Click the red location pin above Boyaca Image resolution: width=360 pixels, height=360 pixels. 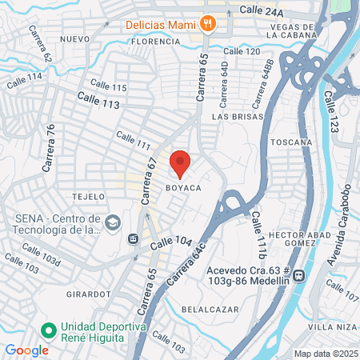click(180, 163)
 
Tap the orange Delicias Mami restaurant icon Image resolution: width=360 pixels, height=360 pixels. click(208, 23)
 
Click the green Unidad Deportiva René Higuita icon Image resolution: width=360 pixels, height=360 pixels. click(48, 329)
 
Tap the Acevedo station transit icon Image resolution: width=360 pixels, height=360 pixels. click(299, 276)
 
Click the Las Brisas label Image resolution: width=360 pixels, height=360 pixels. click(233, 116)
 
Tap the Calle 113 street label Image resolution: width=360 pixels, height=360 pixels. click(98, 99)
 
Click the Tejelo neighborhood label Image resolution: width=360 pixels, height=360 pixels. click(88, 196)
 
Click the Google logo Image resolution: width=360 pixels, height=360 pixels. click(26, 350)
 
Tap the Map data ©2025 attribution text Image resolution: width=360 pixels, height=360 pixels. click(323, 354)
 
